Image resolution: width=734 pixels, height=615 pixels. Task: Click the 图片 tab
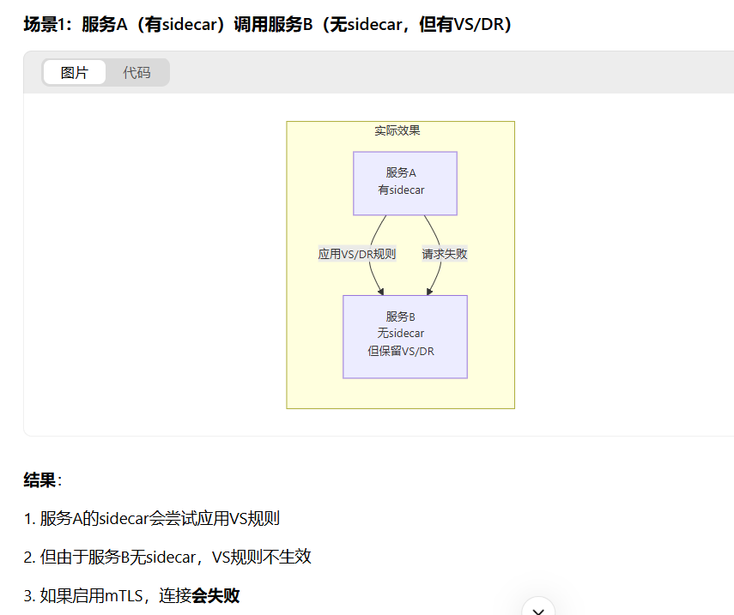[x=74, y=73]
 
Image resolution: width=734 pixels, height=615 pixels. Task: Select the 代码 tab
[x=136, y=73]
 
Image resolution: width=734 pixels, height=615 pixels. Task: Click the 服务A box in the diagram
[x=405, y=183]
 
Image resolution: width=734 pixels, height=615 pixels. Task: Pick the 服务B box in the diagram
[x=405, y=336]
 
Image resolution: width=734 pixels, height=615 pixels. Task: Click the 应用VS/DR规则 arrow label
[x=357, y=254]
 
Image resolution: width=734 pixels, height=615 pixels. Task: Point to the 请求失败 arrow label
[x=445, y=254]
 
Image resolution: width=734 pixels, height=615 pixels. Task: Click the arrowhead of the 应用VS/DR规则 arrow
[x=380, y=291]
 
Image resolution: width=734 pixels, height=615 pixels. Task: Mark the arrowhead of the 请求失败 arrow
[x=429, y=291]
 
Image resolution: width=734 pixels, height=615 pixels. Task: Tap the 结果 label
[x=39, y=480]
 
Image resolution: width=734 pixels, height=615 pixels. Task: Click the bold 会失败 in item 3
[x=215, y=595]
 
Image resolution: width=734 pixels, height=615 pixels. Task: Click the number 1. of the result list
[x=29, y=519]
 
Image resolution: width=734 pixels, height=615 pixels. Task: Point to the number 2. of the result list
[x=29, y=557]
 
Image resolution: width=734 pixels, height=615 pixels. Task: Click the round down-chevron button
[x=538, y=607]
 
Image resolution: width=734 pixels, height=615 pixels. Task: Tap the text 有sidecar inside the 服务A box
[x=402, y=190]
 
